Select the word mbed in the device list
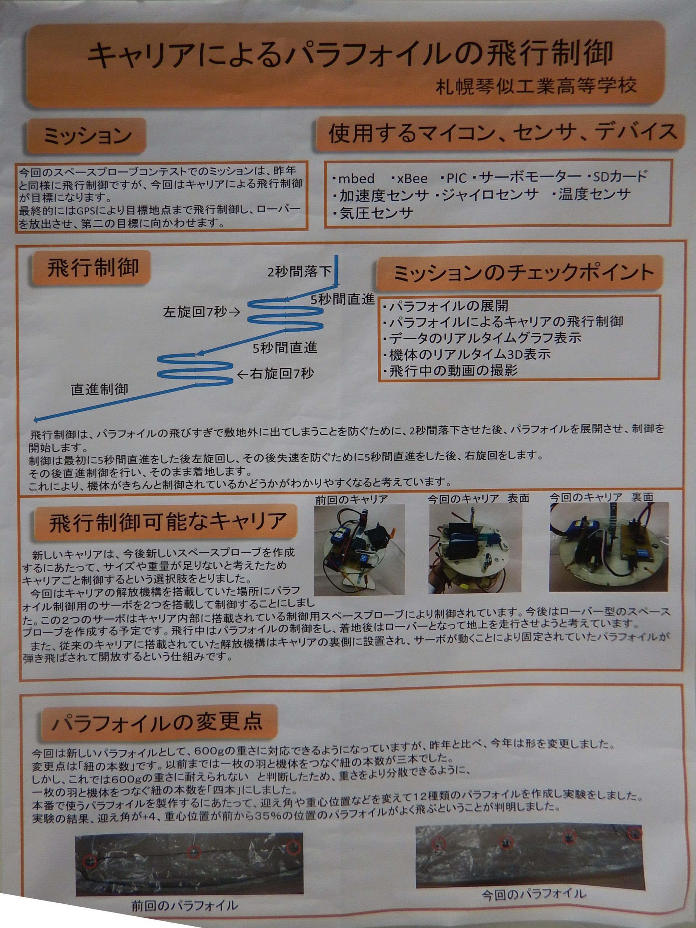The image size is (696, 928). click(356, 178)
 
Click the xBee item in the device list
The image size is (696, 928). click(412, 178)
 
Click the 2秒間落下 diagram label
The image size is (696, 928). click(299, 272)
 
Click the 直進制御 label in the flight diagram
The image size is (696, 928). click(99, 389)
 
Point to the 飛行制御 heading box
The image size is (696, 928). click(91, 269)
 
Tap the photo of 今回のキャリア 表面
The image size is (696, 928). click(475, 548)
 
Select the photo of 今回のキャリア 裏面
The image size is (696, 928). click(609, 547)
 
